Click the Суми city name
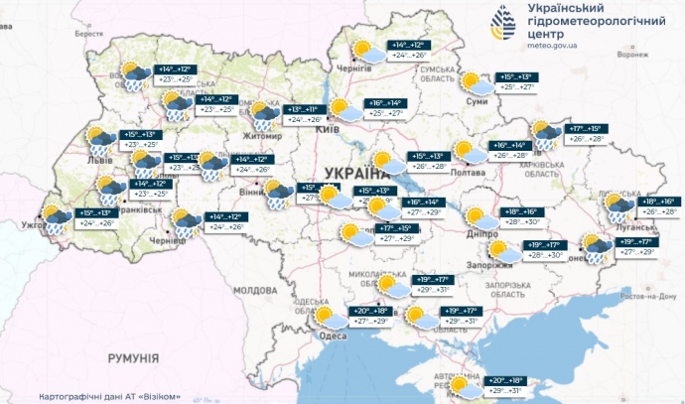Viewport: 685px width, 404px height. pos(477,102)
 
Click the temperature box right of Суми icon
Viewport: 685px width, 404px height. pos(519,82)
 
